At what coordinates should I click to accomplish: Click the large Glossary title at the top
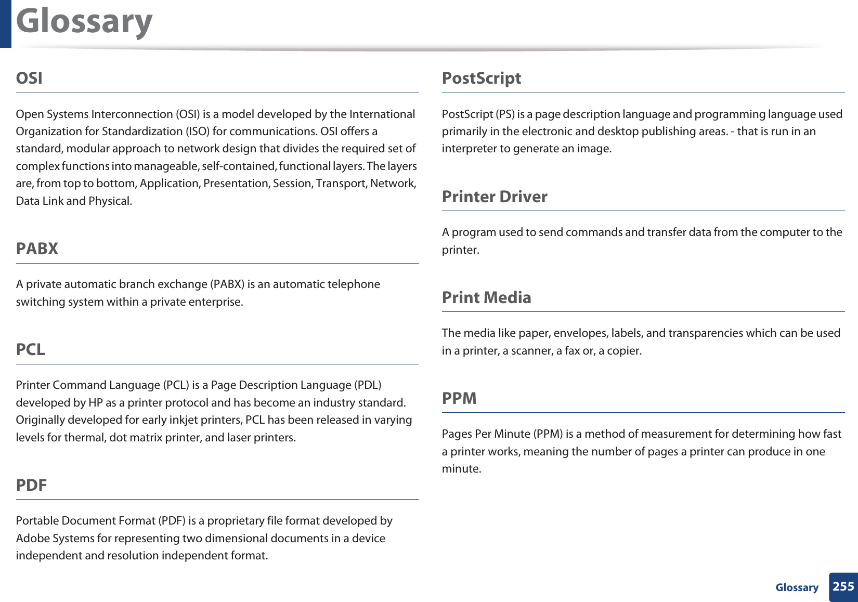(84, 22)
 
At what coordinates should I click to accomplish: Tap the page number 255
(843, 586)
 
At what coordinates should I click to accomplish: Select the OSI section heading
(29, 78)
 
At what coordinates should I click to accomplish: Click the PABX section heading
(37, 248)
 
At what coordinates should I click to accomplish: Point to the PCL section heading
(31, 349)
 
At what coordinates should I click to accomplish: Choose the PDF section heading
(31, 485)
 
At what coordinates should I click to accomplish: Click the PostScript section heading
(481, 78)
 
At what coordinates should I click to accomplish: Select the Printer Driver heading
(494, 197)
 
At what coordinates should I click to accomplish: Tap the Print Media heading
(486, 297)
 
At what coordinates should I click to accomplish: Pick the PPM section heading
(459, 398)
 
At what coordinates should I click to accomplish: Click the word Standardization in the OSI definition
(137, 132)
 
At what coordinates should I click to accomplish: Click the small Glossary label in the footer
(797, 587)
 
